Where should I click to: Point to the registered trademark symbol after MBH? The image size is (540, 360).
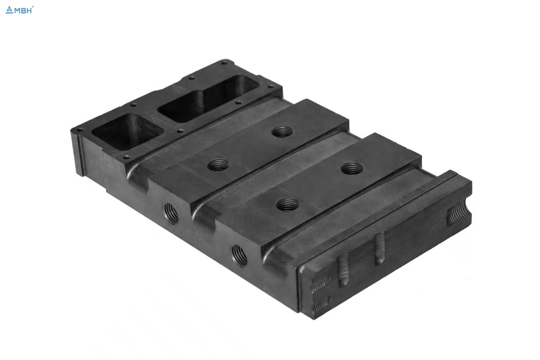(33, 7)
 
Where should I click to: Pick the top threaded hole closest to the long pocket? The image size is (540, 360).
(282, 131)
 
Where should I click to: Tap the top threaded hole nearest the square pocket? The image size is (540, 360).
(218, 165)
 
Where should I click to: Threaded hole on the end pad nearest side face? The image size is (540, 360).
(287, 204)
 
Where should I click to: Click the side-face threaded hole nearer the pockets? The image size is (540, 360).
(171, 213)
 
